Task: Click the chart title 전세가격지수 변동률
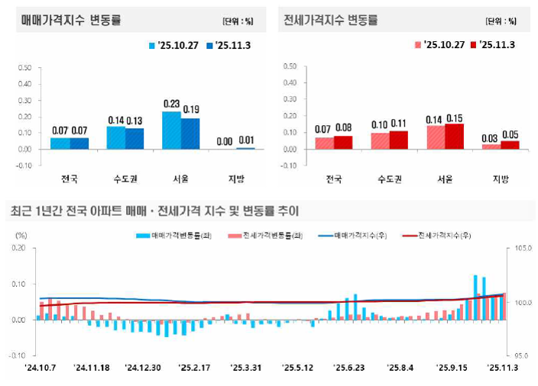pos(330,20)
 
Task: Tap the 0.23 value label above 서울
pos(171,105)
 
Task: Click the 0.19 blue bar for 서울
pos(190,133)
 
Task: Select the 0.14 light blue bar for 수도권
pos(115,137)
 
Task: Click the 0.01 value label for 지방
pos(246,140)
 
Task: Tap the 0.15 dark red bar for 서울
pos(454,136)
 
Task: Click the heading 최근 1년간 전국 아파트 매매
pos(153,211)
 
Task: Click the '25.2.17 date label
pos(196,367)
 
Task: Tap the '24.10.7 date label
pos(39,367)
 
